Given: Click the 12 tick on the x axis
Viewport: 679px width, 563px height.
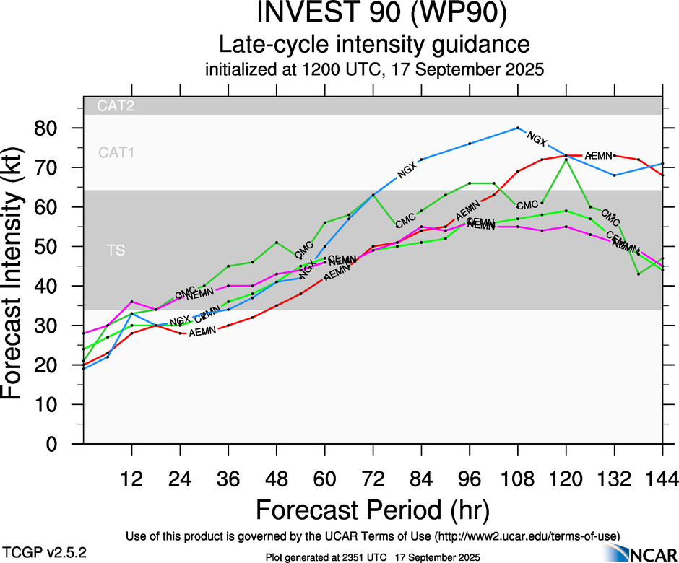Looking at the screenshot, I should point(131,479).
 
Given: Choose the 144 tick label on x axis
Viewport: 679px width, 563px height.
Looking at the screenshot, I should point(662,479).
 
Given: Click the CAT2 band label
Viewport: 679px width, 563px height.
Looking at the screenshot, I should point(116,106).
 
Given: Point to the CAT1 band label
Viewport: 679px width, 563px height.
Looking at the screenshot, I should point(116,152).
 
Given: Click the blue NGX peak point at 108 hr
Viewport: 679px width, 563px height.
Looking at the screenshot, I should point(518,128).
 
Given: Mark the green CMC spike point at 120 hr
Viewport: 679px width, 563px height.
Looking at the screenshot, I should point(566,160).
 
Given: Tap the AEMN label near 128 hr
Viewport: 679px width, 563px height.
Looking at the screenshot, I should point(598,155).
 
